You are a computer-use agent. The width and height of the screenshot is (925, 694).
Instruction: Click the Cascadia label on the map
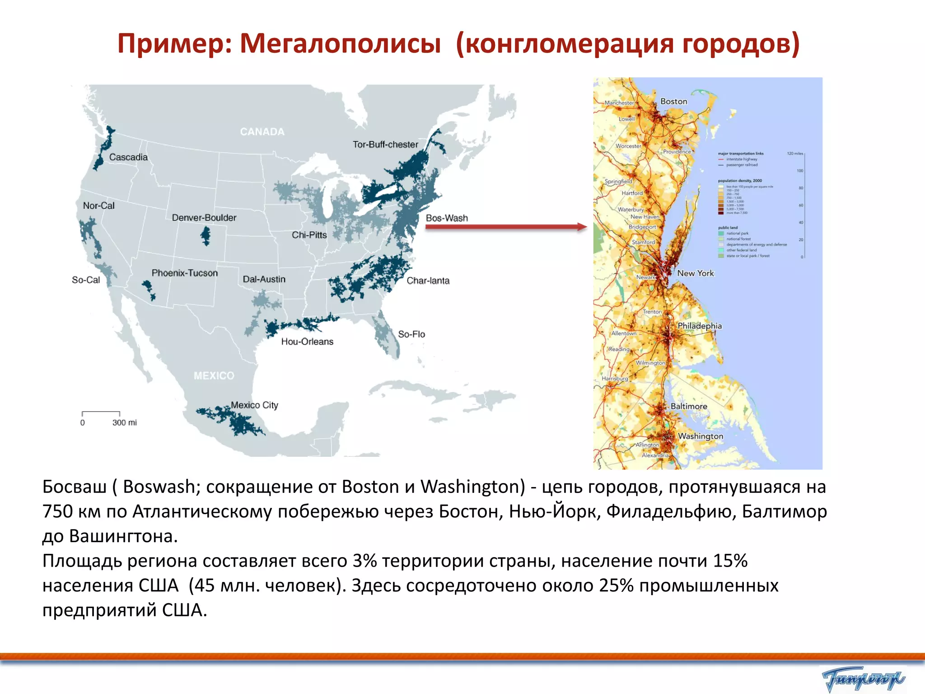pos(128,157)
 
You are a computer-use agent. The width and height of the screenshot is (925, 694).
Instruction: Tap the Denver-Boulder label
pos(204,218)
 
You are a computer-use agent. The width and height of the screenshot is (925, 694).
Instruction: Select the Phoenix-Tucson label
pos(184,273)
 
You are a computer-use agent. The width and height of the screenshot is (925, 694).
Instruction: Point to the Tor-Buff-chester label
pos(385,145)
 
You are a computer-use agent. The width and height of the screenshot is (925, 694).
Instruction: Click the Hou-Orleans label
pos(307,342)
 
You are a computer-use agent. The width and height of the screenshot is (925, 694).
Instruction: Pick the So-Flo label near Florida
pos(411,334)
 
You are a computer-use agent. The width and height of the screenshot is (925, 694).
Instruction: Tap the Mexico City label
pos(254,405)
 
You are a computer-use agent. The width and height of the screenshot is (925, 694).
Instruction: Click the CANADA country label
pos(262,132)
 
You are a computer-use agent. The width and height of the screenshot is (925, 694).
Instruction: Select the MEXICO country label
pos(214,376)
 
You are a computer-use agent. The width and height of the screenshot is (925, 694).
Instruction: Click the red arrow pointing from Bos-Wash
pos(506,227)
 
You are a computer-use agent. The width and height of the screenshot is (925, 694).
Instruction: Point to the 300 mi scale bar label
pos(124,423)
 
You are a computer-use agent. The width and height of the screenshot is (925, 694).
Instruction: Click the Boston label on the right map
pos(673,102)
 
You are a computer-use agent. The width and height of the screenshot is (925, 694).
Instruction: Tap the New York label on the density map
pos(695,273)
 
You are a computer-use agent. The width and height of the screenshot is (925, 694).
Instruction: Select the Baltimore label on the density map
pos(688,406)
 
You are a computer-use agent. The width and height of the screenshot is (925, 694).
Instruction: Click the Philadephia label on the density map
pos(699,326)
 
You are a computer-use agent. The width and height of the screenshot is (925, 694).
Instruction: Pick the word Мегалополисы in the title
pos(340,44)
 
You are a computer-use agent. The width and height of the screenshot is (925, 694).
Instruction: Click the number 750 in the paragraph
pos(57,511)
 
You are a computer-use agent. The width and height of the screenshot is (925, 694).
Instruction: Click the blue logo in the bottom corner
pos(863,679)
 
